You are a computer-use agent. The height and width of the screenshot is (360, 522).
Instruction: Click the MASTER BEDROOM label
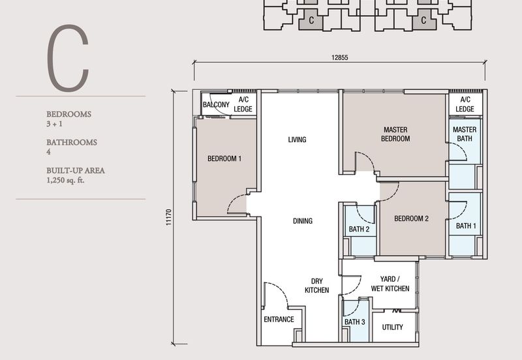(396, 134)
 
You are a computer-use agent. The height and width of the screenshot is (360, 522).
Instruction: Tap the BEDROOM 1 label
(224, 158)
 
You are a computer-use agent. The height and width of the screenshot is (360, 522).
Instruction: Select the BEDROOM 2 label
(411, 218)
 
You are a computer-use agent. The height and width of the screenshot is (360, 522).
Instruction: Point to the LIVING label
(297, 140)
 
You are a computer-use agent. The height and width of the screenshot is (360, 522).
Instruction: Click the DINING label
(302, 221)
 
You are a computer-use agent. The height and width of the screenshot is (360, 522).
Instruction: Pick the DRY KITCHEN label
(316, 285)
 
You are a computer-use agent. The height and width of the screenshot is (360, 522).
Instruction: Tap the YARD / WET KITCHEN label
(390, 283)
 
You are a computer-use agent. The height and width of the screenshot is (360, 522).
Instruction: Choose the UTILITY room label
(393, 327)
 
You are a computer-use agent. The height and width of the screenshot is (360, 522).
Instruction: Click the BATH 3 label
(354, 322)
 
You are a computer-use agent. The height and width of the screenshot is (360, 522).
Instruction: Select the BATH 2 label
(360, 229)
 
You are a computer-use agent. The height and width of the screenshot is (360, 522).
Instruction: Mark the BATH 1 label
(466, 226)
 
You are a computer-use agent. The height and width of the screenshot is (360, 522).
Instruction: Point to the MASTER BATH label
(465, 134)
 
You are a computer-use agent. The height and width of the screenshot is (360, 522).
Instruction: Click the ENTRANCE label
(279, 320)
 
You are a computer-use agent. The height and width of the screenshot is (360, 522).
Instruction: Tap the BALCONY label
(215, 104)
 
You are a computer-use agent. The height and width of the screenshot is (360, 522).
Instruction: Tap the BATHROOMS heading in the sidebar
(72, 142)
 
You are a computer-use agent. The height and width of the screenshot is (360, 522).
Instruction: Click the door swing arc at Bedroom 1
(238, 203)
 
